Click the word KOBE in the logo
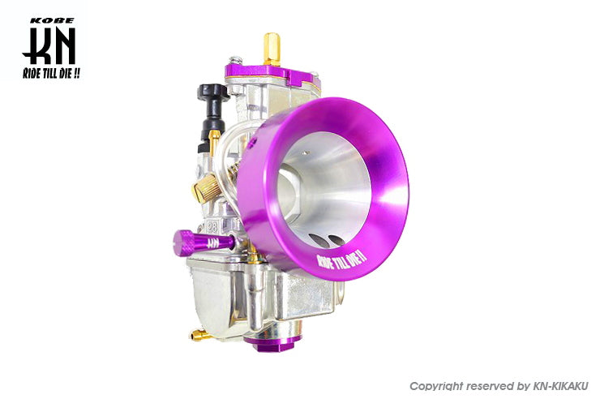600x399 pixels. coord(52,21)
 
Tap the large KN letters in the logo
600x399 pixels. coord(49,46)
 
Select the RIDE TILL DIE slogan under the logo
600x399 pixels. coord(51,73)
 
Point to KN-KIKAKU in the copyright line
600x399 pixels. coord(560,386)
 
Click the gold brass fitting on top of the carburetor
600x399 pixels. coord(272,49)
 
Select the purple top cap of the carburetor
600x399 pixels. coord(272,75)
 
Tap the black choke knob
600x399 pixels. coord(212,111)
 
